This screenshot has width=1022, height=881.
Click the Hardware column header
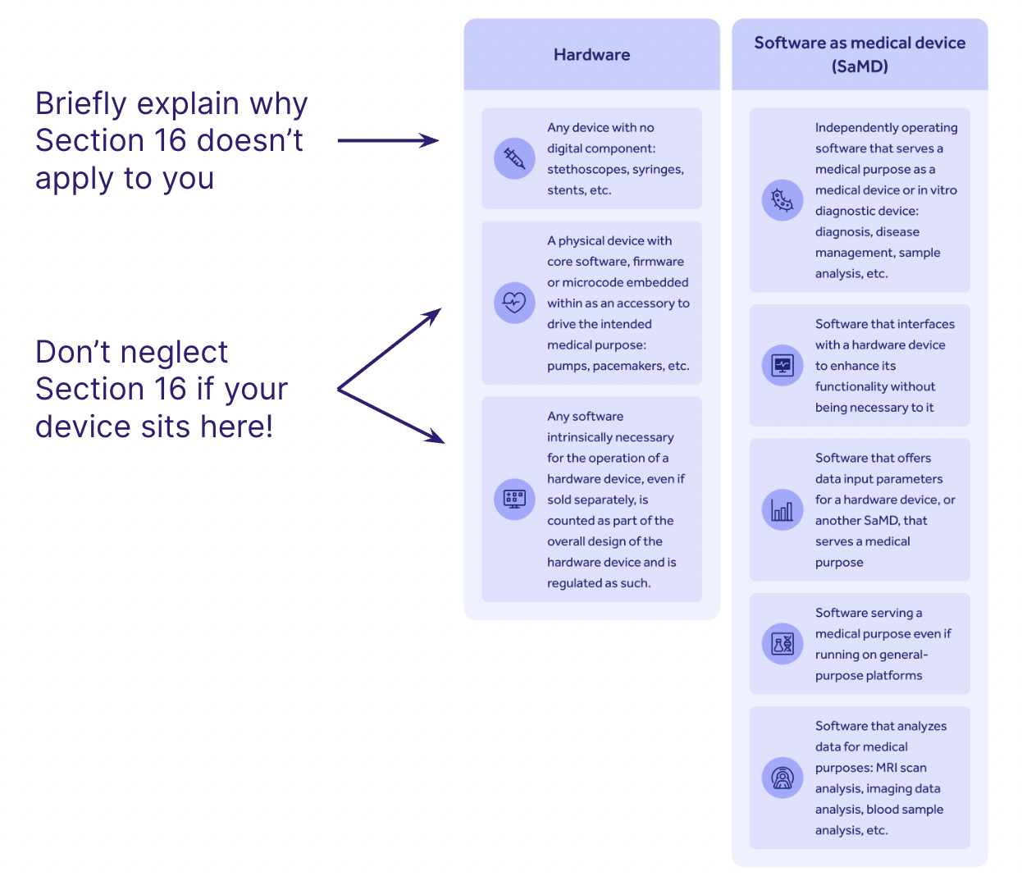pos(591,55)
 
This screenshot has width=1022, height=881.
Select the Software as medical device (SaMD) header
pos(860,54)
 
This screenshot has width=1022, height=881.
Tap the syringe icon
pos(514,158)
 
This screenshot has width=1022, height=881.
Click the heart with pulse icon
pos(514,303)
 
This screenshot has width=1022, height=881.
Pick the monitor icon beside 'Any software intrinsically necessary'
pos(514,499)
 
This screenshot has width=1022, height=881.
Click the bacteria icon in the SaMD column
pos(782,200)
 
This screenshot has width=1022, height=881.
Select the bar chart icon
pos(782,510)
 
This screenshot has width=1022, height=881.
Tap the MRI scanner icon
pos(782,778)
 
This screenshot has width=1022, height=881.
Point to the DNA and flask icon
pos(782,644)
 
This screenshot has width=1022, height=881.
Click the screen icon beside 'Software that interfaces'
pos(782,365)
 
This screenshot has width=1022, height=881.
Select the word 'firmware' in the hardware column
pos(658,262)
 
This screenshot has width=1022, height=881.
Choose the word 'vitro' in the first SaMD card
pos(944,190)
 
